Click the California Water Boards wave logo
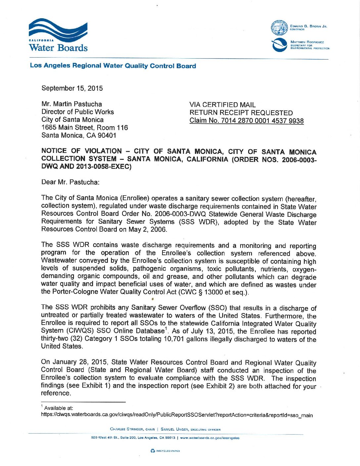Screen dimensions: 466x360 pos(58,30)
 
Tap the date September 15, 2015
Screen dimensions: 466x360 pos(72,88)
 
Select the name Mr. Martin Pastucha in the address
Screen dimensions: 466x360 pos(72,104)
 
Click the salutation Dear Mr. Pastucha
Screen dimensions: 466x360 pos(70,182)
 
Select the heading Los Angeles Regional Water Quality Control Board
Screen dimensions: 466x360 pos(113,66)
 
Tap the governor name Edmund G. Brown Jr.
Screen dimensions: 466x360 pos(308,26)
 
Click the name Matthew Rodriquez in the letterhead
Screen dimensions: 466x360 pos(307,42)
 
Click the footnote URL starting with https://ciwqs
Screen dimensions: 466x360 pos(177,415)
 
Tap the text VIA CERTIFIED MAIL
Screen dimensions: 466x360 pos(222,105)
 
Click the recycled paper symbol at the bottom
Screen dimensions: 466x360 pos(153,451)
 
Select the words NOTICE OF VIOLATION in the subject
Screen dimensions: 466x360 pos(81,151)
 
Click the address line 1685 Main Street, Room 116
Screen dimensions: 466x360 pos(84,127)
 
